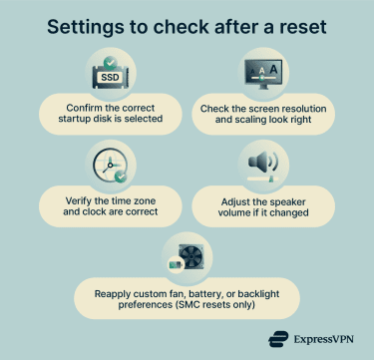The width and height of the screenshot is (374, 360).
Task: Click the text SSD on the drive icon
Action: tap(110, 77)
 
